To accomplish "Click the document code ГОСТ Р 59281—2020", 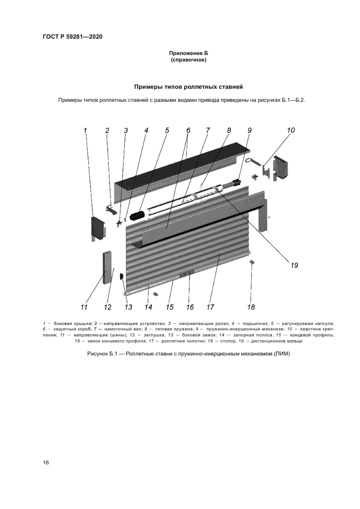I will (x=72, y=37).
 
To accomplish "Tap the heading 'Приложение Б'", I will (x=188, y=53).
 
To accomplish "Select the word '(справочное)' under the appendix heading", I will (x=188, y=60).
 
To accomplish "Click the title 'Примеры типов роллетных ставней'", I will (x=188, y=87).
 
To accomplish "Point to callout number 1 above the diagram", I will (x=86, y=130).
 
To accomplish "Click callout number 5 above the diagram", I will (x=167, y=130).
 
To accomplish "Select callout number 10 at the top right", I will (x=291, y=130).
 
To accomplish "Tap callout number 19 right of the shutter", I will (x=294, y=265).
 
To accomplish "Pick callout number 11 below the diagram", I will (x=84, y=307).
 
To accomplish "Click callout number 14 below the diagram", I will (x=149, y=307).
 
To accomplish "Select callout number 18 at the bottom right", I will (x=251, y=307).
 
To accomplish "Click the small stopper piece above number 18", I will (x=252, y=262).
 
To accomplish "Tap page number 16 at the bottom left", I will (x=46, y=462).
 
